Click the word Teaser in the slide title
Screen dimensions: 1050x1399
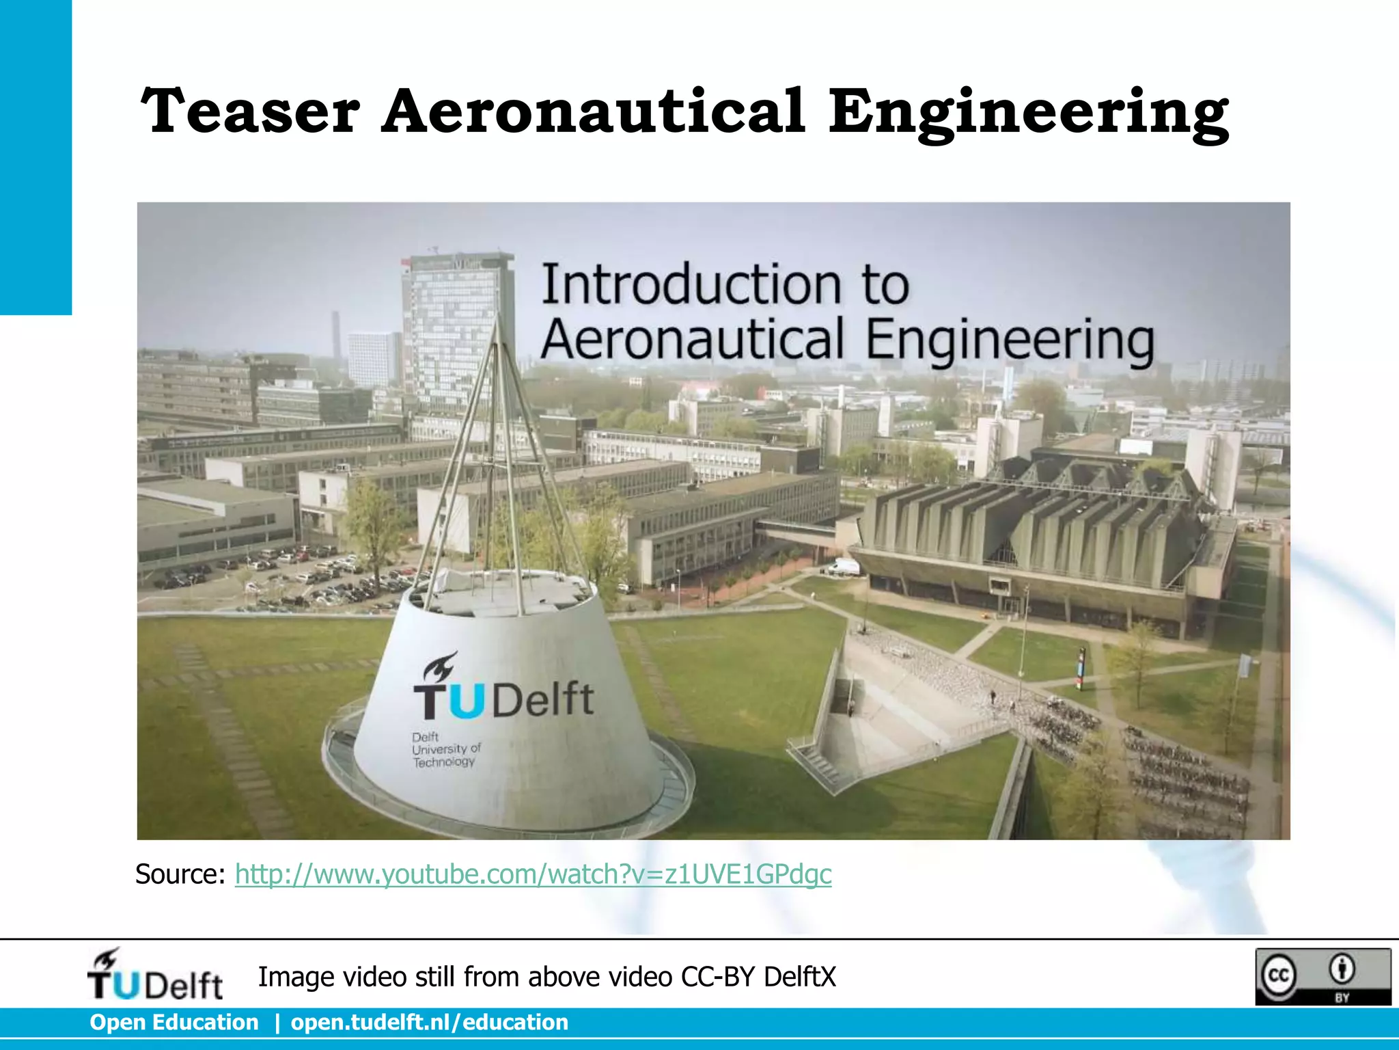coord(250,111)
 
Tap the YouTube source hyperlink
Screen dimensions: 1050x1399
coord(533,874)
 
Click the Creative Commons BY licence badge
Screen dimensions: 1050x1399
coord(1322,976)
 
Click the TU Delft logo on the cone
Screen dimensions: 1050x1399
coord(503,690)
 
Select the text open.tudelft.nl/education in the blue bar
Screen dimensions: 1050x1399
coord(429,1023)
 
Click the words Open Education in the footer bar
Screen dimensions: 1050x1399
coord(174,1023)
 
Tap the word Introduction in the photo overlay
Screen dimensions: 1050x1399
coord(691,284)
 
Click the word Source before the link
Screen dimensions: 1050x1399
coord(180,874)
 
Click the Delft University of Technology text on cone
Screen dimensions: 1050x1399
coord(445,749)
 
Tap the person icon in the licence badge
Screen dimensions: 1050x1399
coord(1342,969)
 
